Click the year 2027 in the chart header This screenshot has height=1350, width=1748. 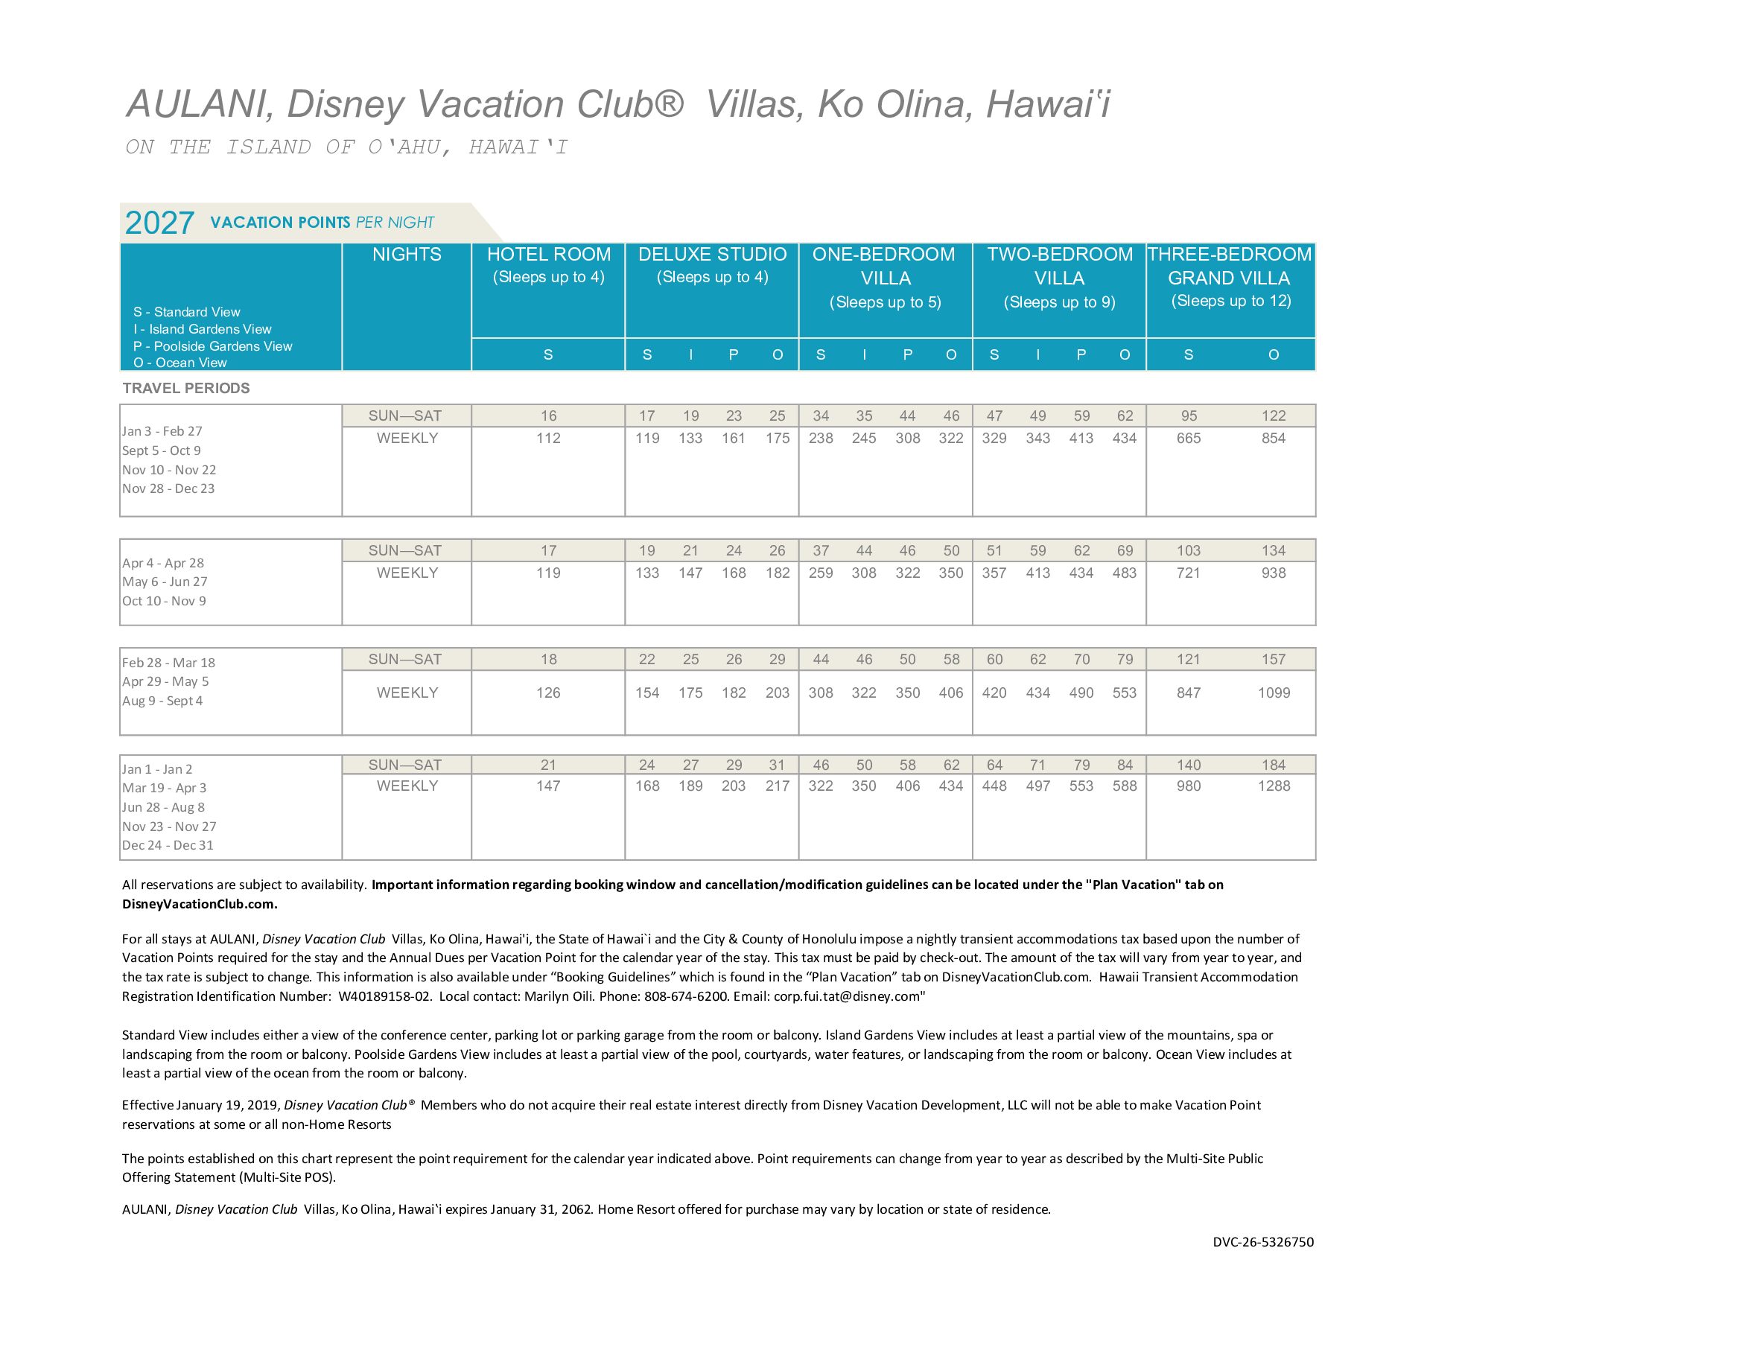point(159,223)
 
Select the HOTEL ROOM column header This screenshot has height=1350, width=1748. point(548,255)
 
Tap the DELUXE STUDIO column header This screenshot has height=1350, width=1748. point(712,255)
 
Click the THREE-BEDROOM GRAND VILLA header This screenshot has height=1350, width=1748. point(1230,267)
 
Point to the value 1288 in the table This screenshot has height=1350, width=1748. point(1274,786)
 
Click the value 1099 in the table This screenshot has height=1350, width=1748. point(1274,693)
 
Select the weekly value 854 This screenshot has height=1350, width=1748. point(1274,439)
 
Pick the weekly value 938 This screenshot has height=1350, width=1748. point(1274,573)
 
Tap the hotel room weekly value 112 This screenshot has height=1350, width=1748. point(548,439)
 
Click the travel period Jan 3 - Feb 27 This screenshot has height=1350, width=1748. point(162,431)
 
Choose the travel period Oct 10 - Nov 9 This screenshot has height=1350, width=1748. point(164,601)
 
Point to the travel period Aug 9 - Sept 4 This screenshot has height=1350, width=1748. point(162,701)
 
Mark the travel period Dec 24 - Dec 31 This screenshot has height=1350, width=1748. point(168,845)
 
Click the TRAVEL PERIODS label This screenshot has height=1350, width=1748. point(185,388)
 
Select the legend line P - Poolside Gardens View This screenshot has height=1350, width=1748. point(213,346)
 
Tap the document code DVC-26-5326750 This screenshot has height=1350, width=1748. point(1263,1242)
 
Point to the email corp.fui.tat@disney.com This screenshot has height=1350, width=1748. point(848,996)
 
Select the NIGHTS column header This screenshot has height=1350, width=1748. point(407,255)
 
